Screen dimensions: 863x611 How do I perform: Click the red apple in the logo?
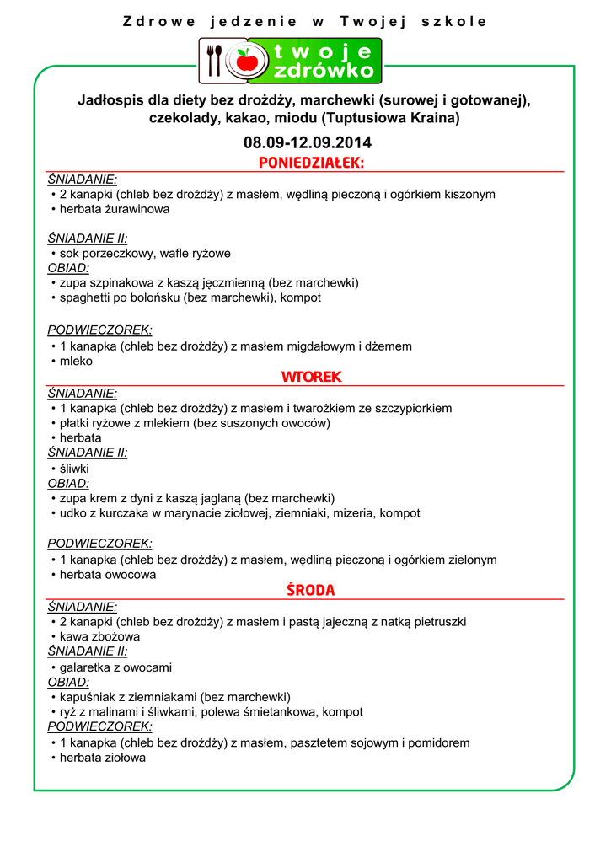(247, 61)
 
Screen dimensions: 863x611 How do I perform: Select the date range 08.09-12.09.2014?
(307, 142)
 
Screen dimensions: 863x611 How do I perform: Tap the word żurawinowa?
(141, 209)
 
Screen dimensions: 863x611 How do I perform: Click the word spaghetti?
(86, 297)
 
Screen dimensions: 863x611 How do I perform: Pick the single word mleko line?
(76, 361)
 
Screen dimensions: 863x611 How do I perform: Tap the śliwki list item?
(74, 468)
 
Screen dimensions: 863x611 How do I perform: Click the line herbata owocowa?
(108, 575)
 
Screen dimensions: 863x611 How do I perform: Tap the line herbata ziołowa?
(103, 758)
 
